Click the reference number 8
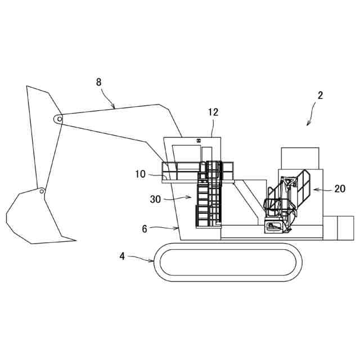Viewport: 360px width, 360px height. (99, 82)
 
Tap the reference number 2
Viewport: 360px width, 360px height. (320, 96)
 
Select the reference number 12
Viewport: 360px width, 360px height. (213, 112)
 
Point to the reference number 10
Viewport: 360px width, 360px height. (141, 174)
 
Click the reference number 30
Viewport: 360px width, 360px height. (156, 199)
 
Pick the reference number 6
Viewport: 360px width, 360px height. (145, 229)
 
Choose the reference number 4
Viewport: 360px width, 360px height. (122, 256)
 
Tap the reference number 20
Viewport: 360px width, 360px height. (339, 189)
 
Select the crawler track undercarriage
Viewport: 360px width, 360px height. (227, 262)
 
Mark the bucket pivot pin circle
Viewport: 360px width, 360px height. (42, 191)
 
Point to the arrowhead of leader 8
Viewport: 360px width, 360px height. (114, 107)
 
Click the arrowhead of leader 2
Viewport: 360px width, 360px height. (308, 124)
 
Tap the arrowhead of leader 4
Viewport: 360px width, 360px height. (153, 260)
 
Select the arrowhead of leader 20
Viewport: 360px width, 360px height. (314, 190)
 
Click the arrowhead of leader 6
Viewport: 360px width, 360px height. (178, 228)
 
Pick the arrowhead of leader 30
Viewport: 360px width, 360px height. (191, 197)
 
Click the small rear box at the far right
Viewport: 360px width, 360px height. (337, 228)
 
